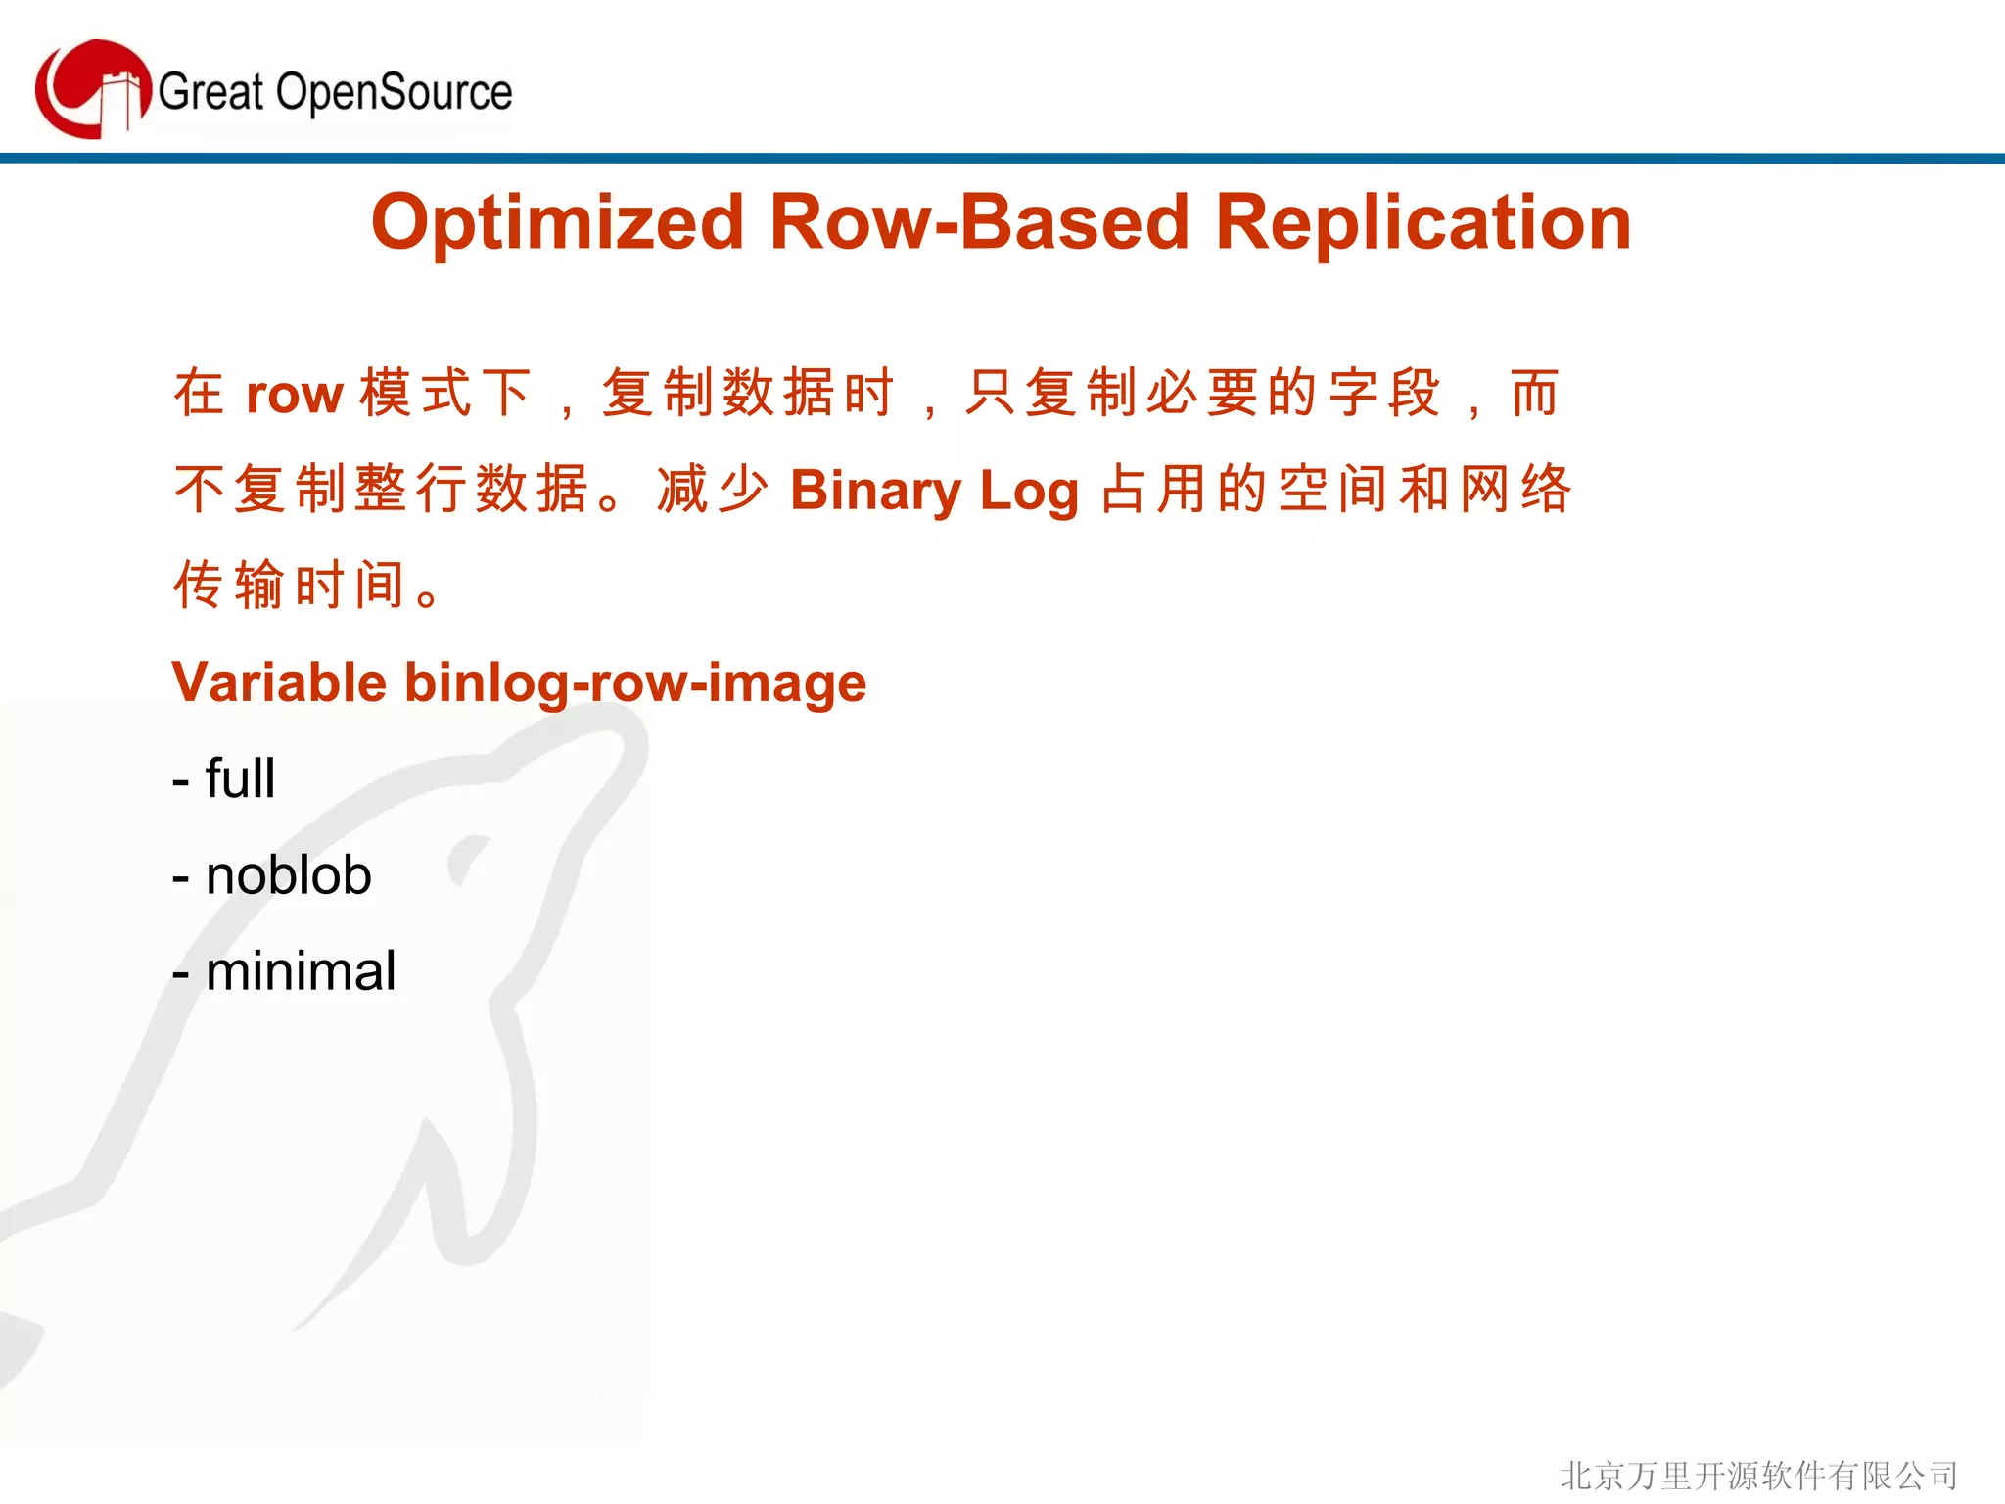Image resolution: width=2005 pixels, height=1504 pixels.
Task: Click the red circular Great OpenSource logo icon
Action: (x=93, y=89)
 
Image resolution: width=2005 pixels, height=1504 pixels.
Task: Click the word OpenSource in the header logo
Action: (x=394, y=93)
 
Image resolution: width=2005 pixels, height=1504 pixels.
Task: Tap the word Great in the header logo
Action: (x=210, y=93)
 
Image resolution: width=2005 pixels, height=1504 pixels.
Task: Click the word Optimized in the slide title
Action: (x=558, y=223)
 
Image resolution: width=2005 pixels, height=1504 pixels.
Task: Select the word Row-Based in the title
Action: (x=978, y=223)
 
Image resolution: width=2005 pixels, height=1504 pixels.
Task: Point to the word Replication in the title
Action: (x=1422, y=223)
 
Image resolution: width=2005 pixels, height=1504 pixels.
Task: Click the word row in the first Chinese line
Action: (x=294, y=395)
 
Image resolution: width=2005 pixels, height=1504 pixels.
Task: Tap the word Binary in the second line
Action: (x=875, y=491)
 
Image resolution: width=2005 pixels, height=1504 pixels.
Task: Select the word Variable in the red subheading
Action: (x=279, y=682)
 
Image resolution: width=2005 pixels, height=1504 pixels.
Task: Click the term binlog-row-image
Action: (x=635, y=682)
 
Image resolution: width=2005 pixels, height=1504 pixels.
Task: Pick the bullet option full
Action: (x=240, y=779)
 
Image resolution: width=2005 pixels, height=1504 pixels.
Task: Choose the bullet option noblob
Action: (x=289, y=875)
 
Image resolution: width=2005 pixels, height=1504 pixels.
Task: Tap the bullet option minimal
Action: (x=301, y=971)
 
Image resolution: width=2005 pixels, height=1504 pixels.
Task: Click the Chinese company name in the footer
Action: (x=1758, y=1475)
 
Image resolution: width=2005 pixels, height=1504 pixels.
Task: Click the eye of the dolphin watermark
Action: (x=468, y=856)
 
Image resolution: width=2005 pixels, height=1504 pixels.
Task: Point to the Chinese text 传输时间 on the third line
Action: (x=289, y=586)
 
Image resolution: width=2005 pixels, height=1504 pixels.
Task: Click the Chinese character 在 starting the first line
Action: (x=200, y=393)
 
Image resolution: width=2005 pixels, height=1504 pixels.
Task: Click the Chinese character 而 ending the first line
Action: (x=1534, y=393)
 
